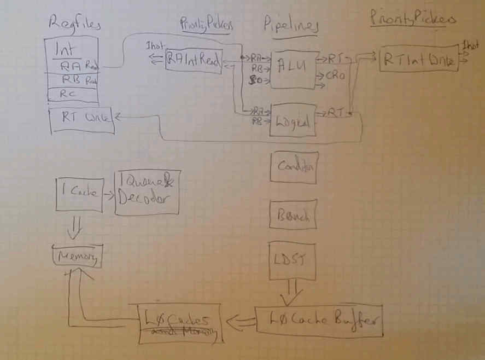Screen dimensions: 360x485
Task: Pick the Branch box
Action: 294,215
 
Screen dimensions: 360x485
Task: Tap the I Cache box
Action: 80,194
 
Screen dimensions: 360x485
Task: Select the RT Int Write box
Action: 419,61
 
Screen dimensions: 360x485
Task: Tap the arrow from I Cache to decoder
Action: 108,193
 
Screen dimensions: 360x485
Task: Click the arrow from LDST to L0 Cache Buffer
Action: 291,293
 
